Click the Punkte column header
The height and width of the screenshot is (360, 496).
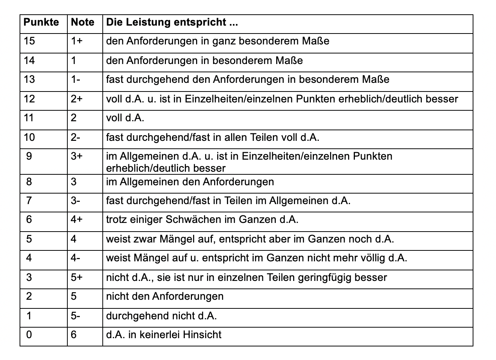[x=41, y=22]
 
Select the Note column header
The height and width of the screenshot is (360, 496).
[x=82, y=22]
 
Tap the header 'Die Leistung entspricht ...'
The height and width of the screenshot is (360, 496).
[x=172, y=22]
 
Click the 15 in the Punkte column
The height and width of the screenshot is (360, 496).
[x=29, y=41]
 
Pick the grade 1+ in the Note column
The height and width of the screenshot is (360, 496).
[x=76, y=41]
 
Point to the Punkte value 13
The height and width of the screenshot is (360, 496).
[x=29, y=79]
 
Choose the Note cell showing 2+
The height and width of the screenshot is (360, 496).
[x=76, y=99]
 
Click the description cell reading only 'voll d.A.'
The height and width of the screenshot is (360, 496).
[x=125, y=118]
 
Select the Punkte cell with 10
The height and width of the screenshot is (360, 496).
[x=29, y=137]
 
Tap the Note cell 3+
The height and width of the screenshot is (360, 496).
[x=76, y=156]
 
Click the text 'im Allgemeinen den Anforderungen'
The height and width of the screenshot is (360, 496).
[x=190, y=182]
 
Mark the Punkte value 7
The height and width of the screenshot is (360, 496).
[x=29, y=201]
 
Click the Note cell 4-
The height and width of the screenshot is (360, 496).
[x=76, y=258]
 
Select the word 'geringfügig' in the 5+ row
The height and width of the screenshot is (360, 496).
[x=326, y=278]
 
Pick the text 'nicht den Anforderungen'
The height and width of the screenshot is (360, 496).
[x=164, y=296]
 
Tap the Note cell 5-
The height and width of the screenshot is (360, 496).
[x=76, y=316]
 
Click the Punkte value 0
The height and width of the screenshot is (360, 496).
[x=29, y=334]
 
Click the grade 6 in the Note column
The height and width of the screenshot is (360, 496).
[x=74, y=334]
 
